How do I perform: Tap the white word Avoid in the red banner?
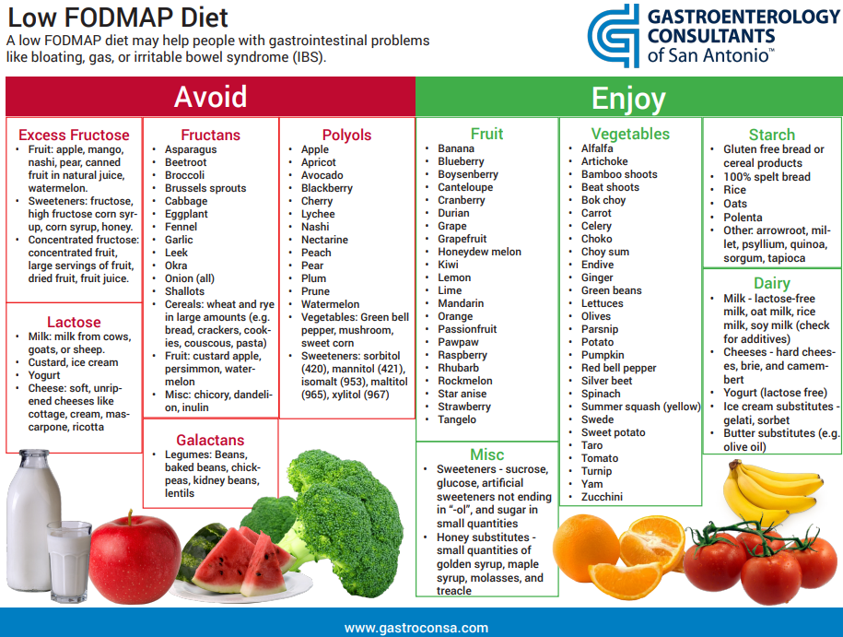tap(210, 97)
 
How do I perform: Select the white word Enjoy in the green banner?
tap(627, 98)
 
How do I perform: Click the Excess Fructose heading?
tap(74, 135)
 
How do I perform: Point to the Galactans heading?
tap(210, 440)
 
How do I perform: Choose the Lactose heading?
tap(74, 322)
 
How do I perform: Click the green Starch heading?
tap(771, 135)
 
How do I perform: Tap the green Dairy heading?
tap(771, 283)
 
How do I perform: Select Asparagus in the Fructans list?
tap(191, 149)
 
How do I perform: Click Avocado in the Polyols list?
tap(322, 175)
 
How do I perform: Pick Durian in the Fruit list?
tap(454, 213)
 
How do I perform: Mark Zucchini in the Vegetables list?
tap(602, 497)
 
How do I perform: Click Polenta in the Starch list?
tap(743, 218)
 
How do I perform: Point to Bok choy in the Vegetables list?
tap(603, 200)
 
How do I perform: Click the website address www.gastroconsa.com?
tap(416, 628)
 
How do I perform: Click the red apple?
tap(135, 554)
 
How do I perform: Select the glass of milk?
tap(69, 553)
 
